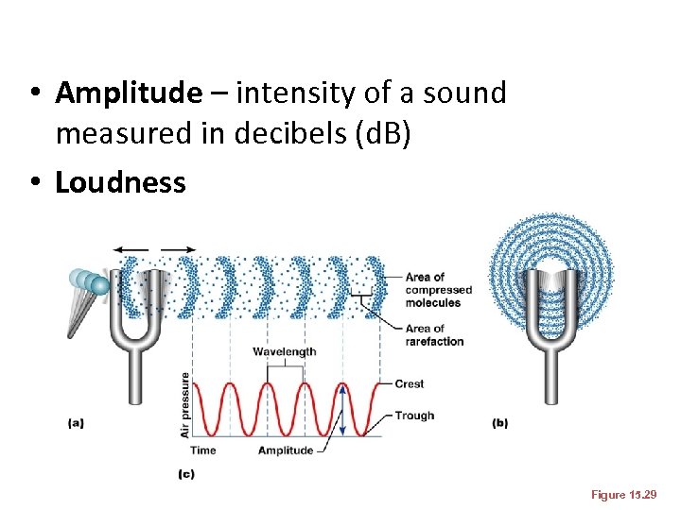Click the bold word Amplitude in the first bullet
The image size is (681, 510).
tap(129, 93)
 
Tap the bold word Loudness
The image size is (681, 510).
tap(120, 182)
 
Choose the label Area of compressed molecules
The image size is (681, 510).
tap(438, 290)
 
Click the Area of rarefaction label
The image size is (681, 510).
tap(434, 334)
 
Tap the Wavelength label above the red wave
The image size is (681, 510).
tap(285, 351)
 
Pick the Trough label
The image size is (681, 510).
tap(413, 416)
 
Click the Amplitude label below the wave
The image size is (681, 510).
tap(286, 450)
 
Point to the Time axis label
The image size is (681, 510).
tap(204, 450)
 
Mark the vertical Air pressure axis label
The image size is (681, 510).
tap(185, 403)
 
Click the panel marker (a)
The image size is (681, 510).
tap(76, 423)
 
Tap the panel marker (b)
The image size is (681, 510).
tap(500, 423)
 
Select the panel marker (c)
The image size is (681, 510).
tap(185, 473)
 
